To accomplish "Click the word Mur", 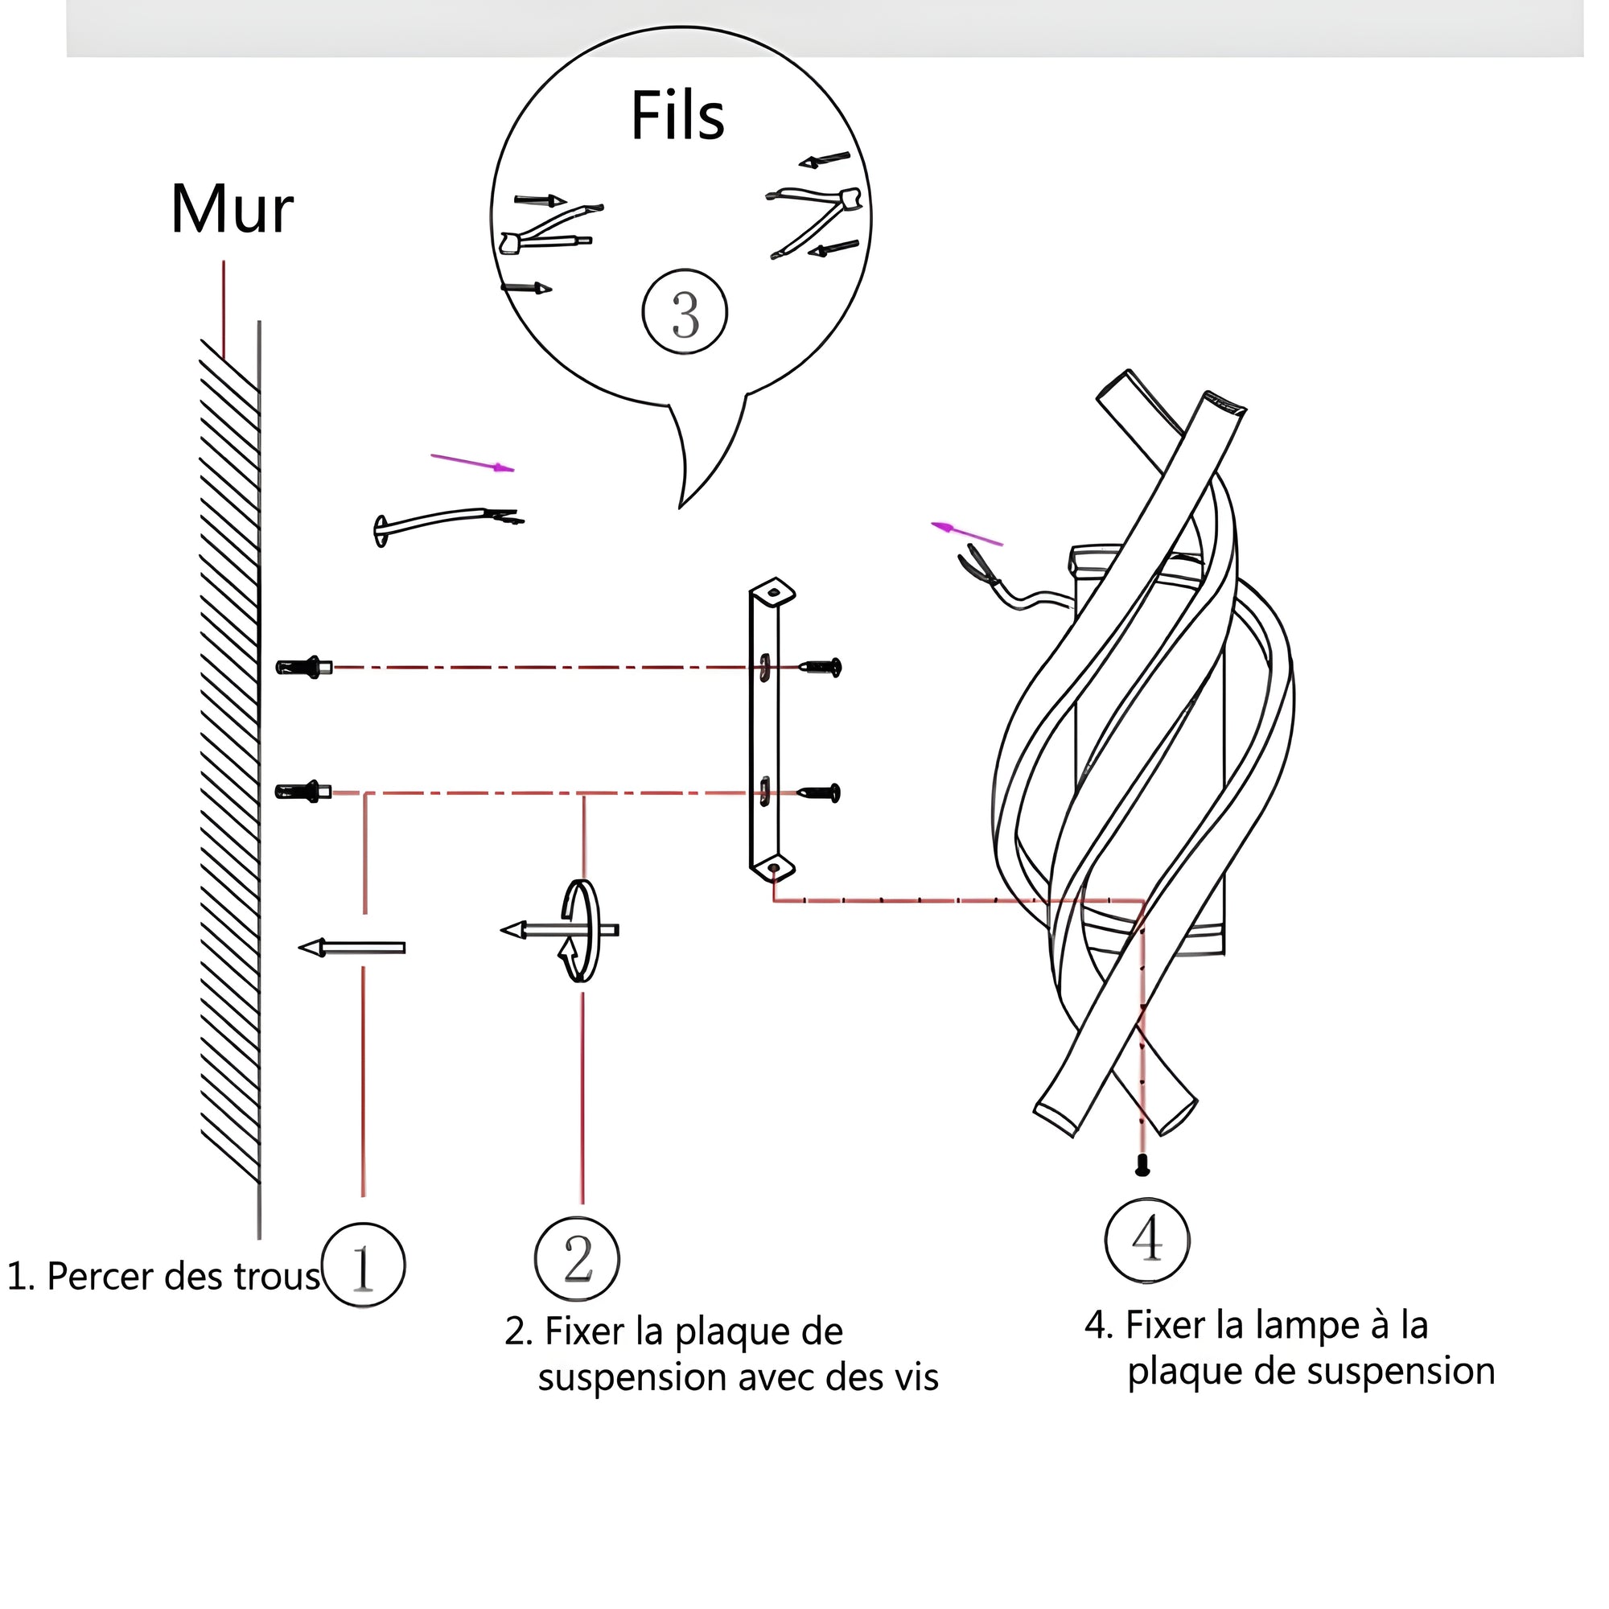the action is point(232,209).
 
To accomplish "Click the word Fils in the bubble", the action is point(678,115).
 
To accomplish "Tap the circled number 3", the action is point(685,312).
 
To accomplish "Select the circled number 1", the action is point(363,1263).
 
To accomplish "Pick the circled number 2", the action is point(577,1258).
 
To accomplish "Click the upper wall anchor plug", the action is point(304,667).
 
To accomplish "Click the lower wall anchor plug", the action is point(303,791).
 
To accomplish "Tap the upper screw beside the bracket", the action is point(821,666).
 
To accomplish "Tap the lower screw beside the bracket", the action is point(820,793).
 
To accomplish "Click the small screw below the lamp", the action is point(1142,1165).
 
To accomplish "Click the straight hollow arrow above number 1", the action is point(352,947).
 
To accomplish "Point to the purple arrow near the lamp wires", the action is point(967,533).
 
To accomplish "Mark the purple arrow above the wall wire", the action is point(472,463).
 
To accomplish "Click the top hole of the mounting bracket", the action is point(774,593).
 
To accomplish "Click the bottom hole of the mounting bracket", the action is point(774,869).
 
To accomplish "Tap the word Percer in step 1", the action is point(101,1276).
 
